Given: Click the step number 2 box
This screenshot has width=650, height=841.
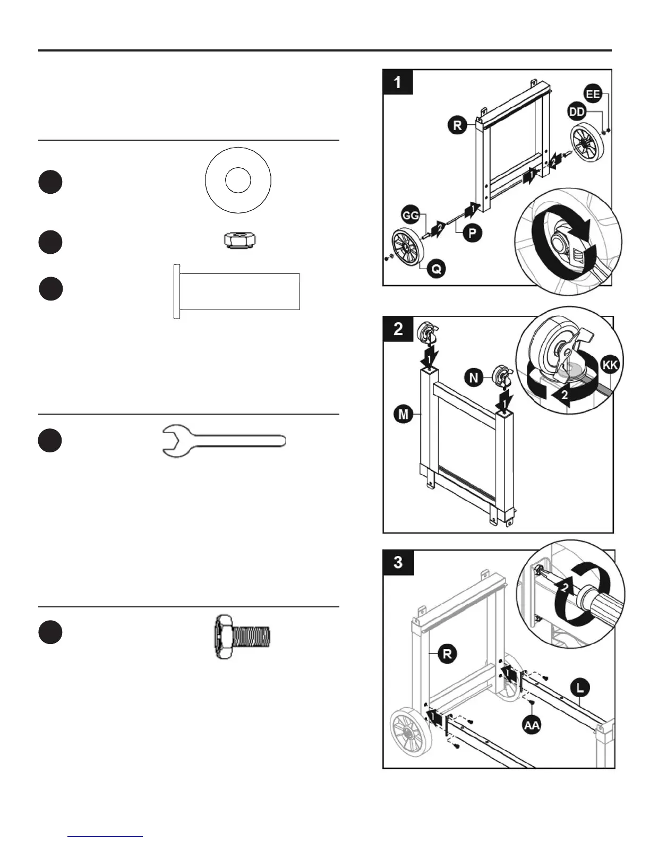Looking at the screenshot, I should click(398, 329).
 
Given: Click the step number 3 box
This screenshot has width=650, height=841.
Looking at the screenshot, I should click(398, 562).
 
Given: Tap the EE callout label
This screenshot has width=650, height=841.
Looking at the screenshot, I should click(593, 94).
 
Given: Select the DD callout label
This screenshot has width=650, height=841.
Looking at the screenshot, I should click(577, 111).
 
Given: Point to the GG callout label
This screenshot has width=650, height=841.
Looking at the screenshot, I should click(410, 215).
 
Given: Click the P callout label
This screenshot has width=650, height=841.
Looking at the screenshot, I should click(471, 233).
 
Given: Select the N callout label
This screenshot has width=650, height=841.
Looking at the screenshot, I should click(474, 377).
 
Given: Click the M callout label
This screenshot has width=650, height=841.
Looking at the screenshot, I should click(404, 414).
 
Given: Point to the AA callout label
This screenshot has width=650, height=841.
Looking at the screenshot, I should click(532, 725).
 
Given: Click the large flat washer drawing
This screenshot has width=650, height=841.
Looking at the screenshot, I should click(238, 180).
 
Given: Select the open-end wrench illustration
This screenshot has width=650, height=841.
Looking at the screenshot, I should click(223, 441).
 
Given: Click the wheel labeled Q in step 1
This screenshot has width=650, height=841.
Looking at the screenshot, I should click(409, 248).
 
